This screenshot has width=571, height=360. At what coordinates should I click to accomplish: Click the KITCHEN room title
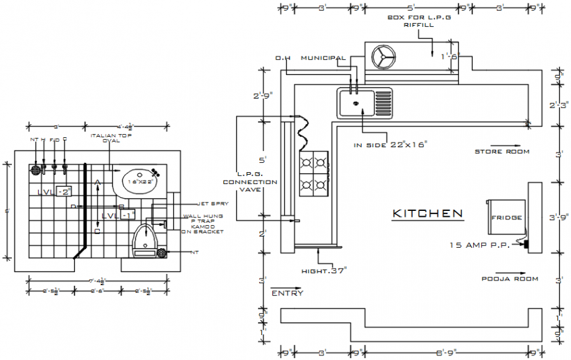[427, 214]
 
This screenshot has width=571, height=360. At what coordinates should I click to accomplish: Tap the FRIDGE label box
[507, 217]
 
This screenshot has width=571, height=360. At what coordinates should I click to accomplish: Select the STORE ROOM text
[501, 152]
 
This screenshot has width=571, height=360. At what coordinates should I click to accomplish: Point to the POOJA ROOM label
[509, 279]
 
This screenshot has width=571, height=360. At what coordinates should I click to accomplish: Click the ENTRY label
[287, 293]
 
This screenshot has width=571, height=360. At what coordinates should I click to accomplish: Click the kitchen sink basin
[355, 103]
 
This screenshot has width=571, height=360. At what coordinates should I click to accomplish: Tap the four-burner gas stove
[314, 173]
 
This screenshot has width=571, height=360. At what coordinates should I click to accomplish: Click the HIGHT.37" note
[323, 271]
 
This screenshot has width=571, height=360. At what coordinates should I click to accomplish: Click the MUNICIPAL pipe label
[323, 58]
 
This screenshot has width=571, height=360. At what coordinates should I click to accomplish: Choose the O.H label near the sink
[283, 58]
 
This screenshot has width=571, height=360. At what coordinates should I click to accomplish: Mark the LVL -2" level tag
[54, 192]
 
